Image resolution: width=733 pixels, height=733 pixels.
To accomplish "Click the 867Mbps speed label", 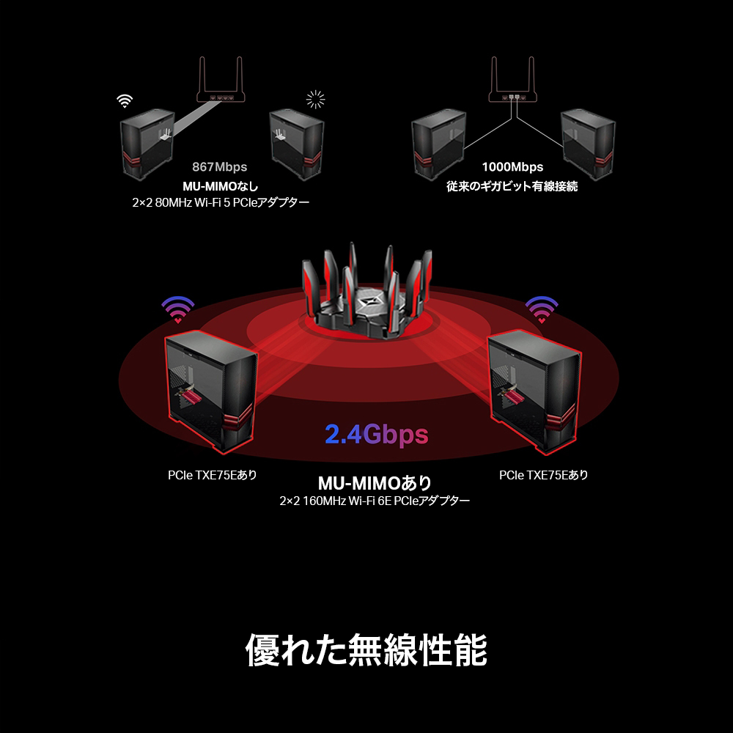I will [x=220, y=167].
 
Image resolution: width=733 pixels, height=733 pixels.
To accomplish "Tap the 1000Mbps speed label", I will [x=512, y=167].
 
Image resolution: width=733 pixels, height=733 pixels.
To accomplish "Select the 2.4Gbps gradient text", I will [x=376, y=435].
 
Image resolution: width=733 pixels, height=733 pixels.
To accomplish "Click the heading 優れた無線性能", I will [x=366, y=649].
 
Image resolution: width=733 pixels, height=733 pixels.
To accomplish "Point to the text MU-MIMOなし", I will [x=220, y=186].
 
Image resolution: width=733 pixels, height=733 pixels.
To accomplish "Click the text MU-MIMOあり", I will [x=375, y=483].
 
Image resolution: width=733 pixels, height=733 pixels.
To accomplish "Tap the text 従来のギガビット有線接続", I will [x=512, y=186].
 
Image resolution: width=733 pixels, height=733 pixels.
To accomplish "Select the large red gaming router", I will [x=364, y=293].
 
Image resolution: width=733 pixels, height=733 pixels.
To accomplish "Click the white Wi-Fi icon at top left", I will [x=125, y=100].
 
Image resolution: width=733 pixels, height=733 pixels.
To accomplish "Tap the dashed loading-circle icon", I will [x=315, y=99].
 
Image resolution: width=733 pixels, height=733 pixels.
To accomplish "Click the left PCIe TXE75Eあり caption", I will [x=213, y=475].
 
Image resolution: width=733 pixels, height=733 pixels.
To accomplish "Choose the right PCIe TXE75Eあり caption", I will [x=544, y=475].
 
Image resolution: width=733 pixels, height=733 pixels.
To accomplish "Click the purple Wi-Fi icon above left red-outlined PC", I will [x=178, y=309].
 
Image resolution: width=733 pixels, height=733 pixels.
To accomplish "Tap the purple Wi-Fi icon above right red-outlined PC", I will [x=542, y=309].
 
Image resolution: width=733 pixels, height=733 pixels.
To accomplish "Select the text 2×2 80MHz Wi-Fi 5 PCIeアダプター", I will [x=220, y=202].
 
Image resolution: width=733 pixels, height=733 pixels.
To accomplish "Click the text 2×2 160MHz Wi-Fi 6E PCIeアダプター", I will [x=375, y=501].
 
